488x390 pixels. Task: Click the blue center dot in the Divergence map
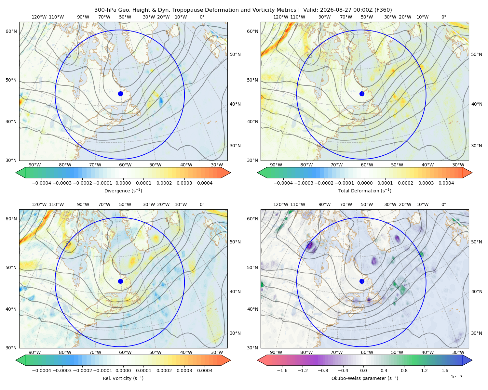click(120, 94)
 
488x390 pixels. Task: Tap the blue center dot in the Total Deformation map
click(362, 94)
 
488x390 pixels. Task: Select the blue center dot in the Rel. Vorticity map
click(120, 281)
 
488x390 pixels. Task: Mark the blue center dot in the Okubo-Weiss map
click(362, 281)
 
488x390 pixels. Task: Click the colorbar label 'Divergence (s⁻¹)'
click(123, 190)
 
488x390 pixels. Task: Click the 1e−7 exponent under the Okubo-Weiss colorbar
click(456, 377)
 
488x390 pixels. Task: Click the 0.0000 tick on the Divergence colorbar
click(123, 183)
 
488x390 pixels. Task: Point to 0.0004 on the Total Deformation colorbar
click(446, 183)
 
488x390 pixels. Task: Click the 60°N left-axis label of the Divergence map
click(11, 31)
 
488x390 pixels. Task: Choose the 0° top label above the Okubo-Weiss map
click(443, 204)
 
